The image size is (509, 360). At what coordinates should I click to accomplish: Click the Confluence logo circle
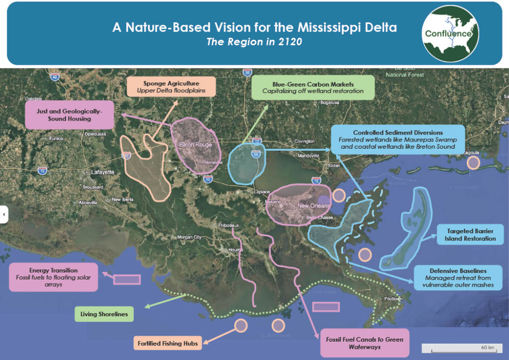[451, 34]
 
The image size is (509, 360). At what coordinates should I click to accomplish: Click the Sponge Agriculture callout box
[171, 87]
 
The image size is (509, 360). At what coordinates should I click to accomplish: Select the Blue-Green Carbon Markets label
[313, 87]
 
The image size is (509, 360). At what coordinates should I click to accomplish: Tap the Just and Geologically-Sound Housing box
[69, 114]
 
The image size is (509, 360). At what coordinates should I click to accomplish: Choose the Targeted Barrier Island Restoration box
[470, 235]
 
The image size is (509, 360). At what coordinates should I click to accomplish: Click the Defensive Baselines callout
[455, 278]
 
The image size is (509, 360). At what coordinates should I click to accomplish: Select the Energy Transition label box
[53, 277]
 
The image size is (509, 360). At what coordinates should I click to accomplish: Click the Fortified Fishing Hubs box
[167, 343]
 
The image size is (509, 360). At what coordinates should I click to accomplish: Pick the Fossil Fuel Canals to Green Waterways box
[364, 343]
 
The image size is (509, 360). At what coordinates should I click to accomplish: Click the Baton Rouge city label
[195, 145]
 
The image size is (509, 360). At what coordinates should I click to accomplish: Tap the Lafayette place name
[103, 172]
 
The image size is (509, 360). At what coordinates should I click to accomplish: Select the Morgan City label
[189, 237]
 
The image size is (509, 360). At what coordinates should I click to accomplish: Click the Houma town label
[235, 250]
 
